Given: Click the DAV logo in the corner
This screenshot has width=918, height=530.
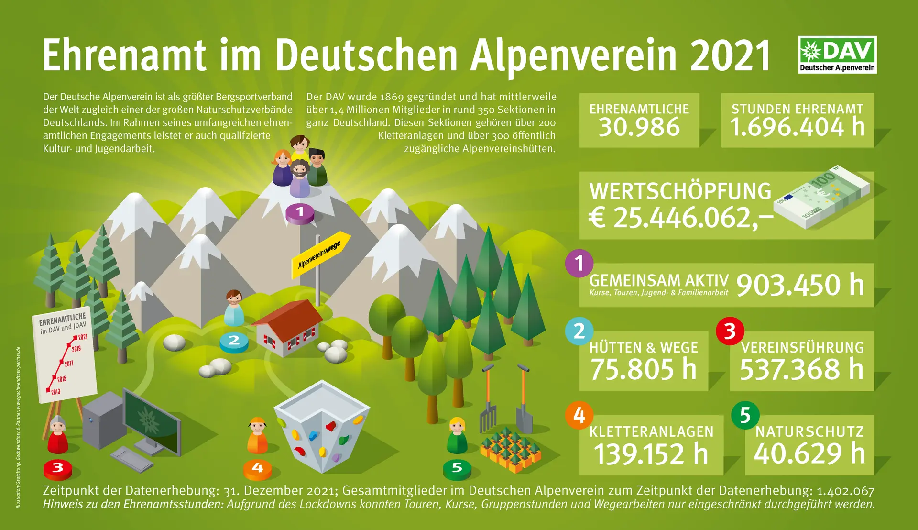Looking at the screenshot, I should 837,55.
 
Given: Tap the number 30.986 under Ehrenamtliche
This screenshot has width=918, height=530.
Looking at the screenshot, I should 639,127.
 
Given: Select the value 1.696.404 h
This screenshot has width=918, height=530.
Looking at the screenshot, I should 797,127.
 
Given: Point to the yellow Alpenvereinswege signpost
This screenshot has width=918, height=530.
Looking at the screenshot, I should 321,254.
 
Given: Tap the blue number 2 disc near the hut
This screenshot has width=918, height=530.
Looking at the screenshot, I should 234,341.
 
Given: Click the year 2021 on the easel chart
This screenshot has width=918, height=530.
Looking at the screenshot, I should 82,337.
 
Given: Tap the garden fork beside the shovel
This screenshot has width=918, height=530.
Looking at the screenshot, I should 488,402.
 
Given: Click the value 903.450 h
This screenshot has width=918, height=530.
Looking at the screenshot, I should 800,285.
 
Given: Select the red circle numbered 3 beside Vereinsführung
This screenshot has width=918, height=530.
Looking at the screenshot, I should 730,331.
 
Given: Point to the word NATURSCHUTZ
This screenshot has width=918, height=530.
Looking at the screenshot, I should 809,432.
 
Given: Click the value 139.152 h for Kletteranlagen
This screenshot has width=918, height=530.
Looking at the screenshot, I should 650,454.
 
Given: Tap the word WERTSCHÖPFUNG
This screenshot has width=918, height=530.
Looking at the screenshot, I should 680,191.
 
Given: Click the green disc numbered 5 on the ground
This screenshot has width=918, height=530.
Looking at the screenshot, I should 457,468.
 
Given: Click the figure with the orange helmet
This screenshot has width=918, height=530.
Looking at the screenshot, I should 257,435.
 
